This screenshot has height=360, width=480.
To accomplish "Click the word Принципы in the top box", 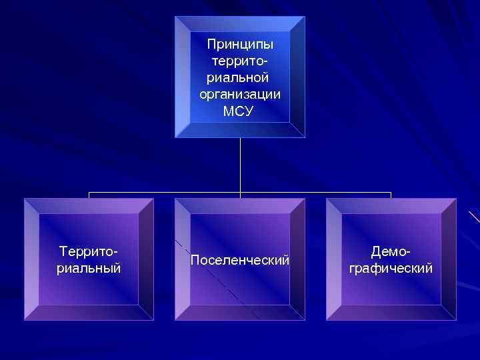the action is (240, 45).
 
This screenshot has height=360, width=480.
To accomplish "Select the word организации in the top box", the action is (240, 95).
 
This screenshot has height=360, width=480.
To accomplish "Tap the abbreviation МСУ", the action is (240, 111).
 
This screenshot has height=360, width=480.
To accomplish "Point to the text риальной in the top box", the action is (240, 78).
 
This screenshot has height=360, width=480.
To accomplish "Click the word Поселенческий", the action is (240, 260).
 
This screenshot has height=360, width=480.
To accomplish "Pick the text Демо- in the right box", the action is (391, 252).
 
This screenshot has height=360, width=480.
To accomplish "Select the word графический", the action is (391, 268).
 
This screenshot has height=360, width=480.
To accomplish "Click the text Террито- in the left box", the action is (89, 252).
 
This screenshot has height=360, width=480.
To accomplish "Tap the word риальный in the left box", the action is (89, 268).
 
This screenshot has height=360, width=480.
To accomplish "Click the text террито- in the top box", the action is (240, 61).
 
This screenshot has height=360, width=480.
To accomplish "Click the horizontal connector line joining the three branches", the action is (167, 193).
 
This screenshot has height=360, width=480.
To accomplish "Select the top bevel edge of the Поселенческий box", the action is (240, 205).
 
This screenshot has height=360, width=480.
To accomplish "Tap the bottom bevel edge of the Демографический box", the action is (391, 313).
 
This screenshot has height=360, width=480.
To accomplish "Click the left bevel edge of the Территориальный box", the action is (31, 259).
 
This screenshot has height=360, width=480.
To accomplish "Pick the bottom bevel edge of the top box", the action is (240, 131).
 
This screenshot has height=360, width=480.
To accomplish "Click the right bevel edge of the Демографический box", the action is (449, 259).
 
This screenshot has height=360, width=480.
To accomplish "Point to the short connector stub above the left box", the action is (89, 195).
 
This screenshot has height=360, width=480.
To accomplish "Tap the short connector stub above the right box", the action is (391, 195).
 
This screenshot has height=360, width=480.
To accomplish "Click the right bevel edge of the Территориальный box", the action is (147, 259).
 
